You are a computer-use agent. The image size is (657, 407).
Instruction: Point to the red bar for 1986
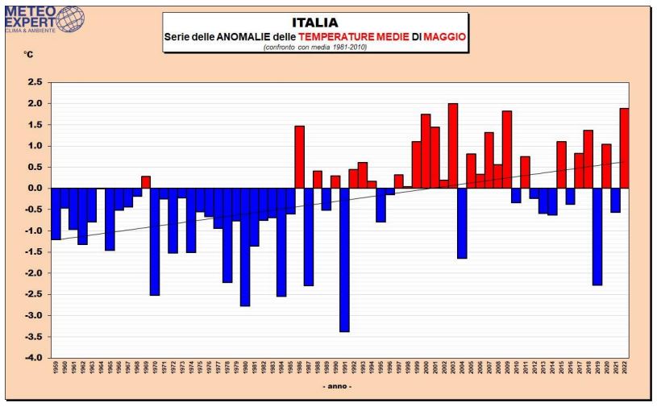point(299,157)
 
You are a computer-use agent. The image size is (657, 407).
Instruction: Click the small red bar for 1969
point(146,182)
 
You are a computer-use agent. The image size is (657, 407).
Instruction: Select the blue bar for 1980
point(245,247)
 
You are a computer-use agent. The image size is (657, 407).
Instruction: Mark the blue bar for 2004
point(462,223)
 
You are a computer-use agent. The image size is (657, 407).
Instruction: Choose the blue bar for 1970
point(155,241)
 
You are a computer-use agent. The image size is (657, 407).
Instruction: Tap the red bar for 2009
point(507,150)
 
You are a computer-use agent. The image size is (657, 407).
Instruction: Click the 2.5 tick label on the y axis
point(34,82)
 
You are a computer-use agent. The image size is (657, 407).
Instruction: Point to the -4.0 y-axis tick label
point(33,358)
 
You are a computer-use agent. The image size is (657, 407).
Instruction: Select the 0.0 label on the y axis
point(34,189)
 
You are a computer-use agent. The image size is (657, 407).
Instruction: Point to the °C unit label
point(29,56)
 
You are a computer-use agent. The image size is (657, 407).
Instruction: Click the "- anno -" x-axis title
point(336,388)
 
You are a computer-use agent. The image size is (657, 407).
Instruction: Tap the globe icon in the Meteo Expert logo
point(68,18)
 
